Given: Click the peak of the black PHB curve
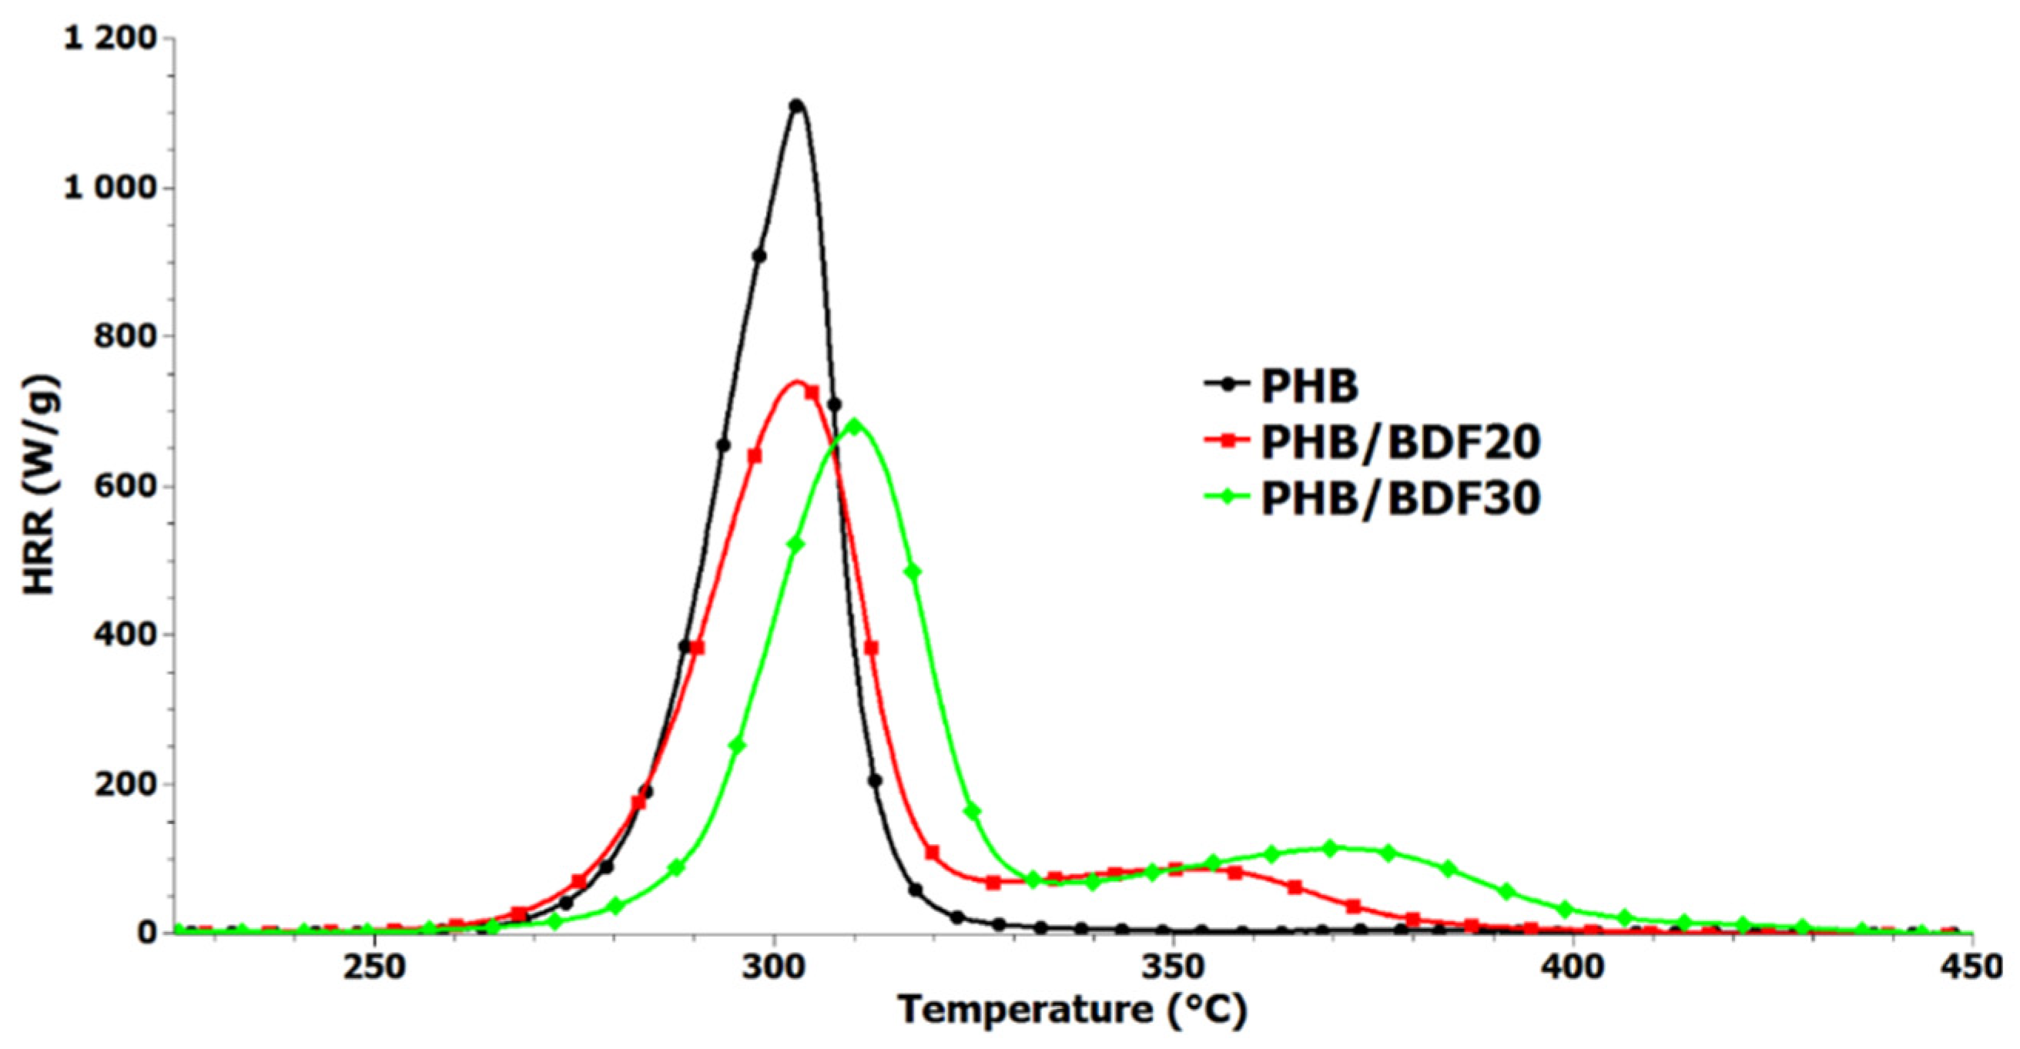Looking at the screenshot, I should (797, 105).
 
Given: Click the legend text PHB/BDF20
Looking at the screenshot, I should (1401, 441).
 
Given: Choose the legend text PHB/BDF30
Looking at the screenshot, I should (1401, 498).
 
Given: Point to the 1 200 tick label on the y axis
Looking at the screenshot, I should (109, 39).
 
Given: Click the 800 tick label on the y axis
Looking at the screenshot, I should (124, 337).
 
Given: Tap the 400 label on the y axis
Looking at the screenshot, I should (124, 635).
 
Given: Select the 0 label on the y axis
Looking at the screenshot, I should (147, 933).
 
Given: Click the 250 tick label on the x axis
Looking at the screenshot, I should (375, 967).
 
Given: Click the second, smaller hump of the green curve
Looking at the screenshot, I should (1330, 848).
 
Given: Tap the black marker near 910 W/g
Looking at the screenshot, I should (759, 256).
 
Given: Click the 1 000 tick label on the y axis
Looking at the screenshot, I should (109, 188).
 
